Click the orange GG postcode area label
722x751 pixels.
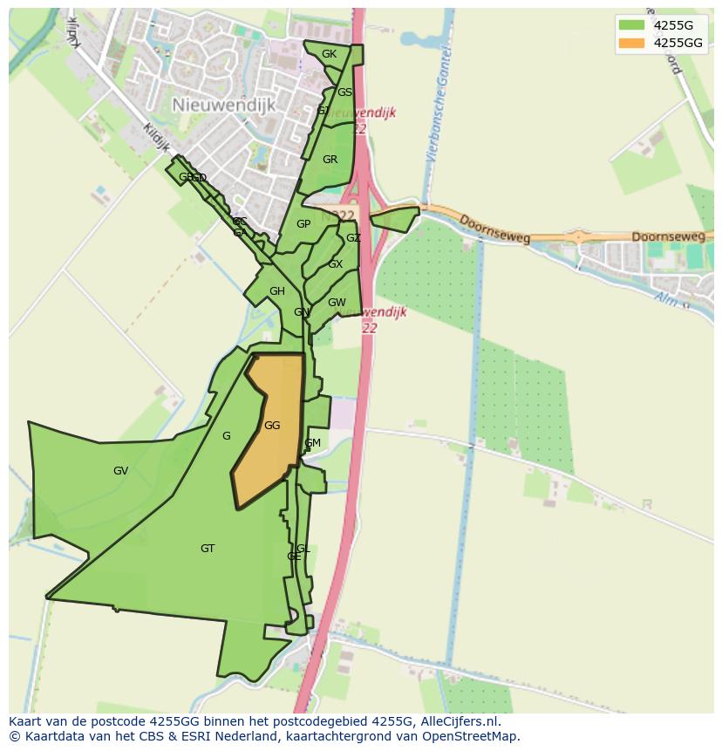pos(272,426)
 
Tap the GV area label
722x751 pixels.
pos(120,471)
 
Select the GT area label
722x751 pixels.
pos(208,549)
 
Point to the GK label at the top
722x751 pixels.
pos(329,54)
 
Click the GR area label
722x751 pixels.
pos(330,160)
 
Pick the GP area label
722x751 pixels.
pos(303,224)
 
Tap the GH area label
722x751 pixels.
pos(277,291)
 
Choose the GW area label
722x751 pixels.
pos(337,303)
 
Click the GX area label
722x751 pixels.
pos(336,264)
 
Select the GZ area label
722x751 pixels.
pos(353,238)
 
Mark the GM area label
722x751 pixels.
pos(312,443)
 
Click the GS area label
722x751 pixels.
pos(345,92)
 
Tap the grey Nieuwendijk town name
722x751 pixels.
pos(224,105)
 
